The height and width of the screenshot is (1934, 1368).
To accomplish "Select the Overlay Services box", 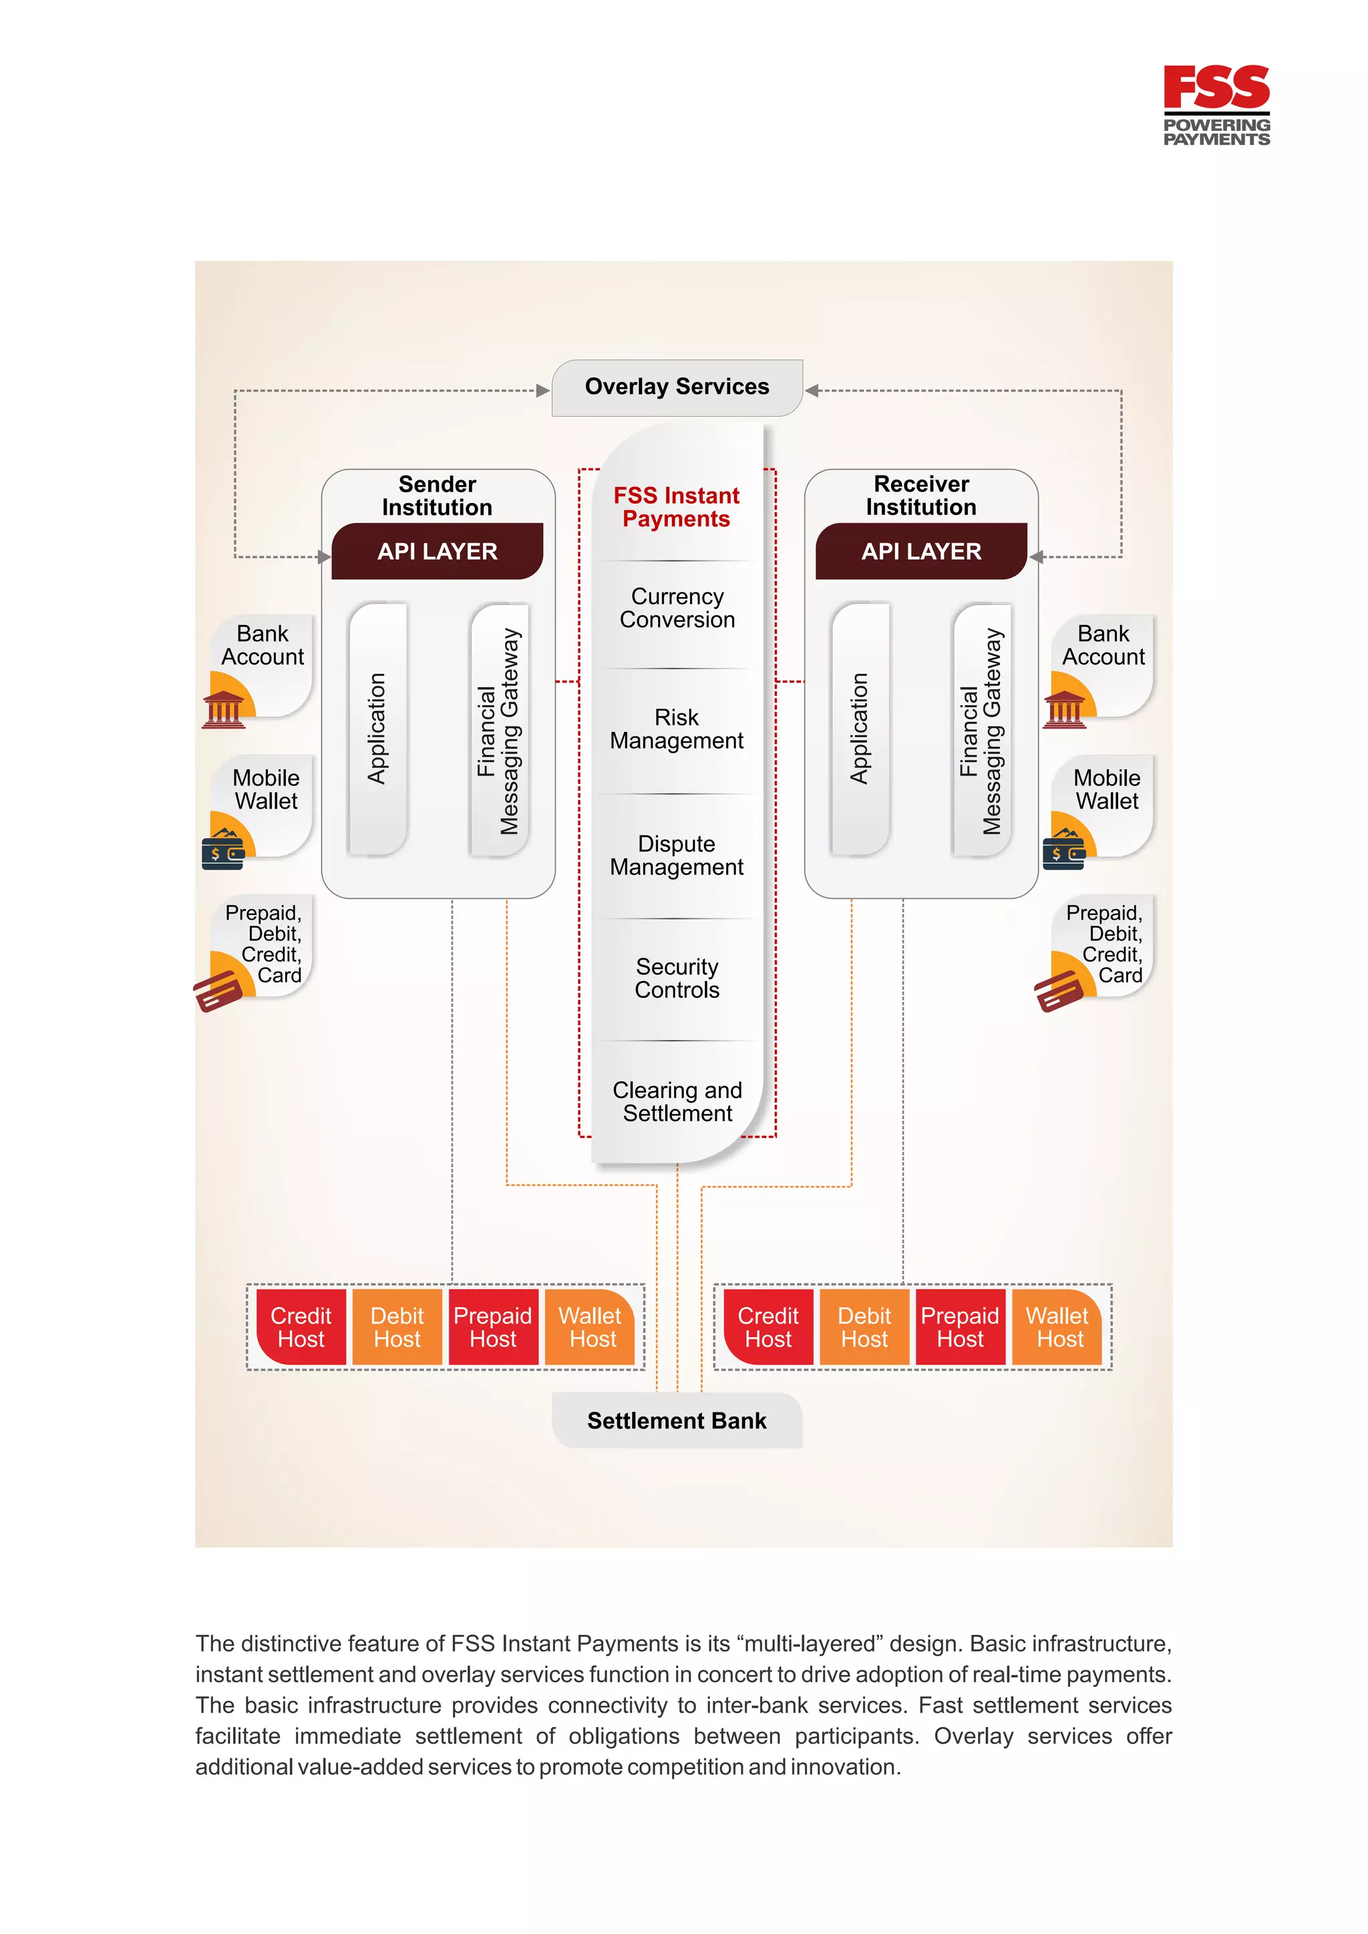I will tap(677, 387).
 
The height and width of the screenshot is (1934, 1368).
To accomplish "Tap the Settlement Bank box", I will tap(677, 1420).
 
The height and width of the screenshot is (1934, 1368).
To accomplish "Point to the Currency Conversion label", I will tap(677, 608).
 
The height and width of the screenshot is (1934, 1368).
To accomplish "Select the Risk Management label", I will tap(677, 729).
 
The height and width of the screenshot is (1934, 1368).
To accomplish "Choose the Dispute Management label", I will tap(677, 856).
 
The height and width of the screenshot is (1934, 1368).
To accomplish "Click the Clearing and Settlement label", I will tap(677, 1102).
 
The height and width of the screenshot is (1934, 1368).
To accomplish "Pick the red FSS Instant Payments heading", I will tap(677, 507).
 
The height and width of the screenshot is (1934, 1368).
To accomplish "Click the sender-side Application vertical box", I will tap(377, 729).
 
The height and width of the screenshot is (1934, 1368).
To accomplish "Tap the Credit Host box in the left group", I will tap(301, 1328).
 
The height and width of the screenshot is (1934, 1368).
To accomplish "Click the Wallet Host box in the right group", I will tap(1057, 1328).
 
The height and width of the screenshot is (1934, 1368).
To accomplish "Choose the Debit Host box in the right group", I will tap(864, 1328).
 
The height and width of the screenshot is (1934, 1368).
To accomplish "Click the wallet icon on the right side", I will tap(1064, 850).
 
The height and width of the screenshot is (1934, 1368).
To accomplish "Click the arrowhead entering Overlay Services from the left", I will tap(543, 391).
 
